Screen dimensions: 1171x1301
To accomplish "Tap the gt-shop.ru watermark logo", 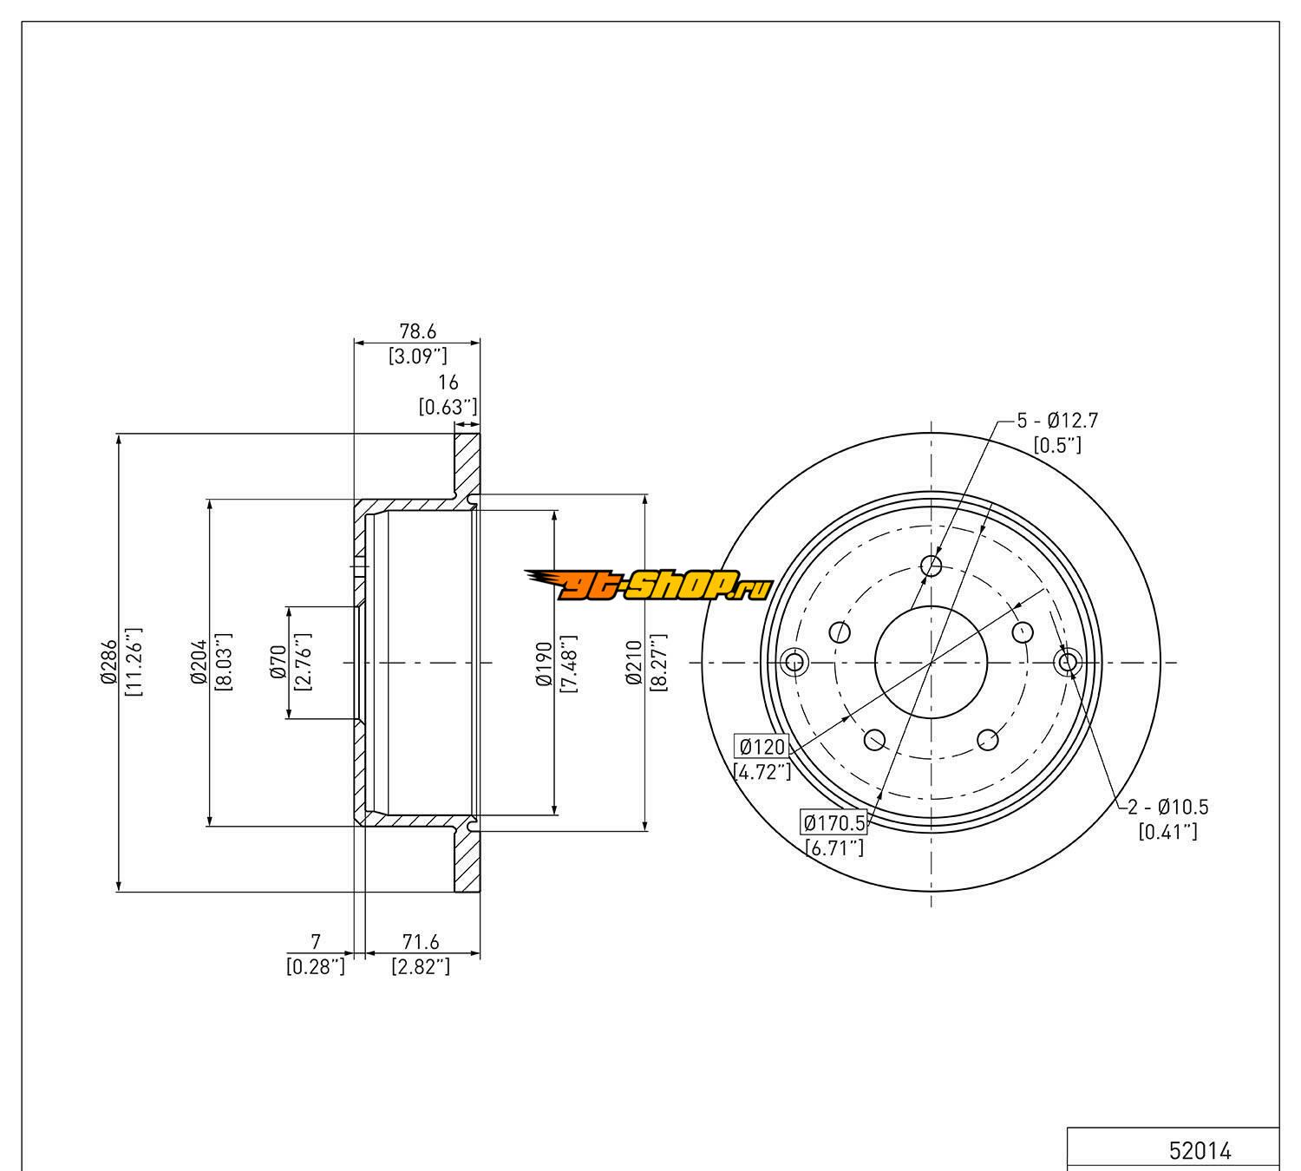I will pyautogui.click(x=647, y=587).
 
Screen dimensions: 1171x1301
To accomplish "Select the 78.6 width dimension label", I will pyautogui.click(x=417, y=331).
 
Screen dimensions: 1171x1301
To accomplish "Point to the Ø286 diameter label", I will pyautogui.click(x=108, y=663).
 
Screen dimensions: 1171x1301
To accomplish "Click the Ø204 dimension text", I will pyautogui.click(x=199, y=663).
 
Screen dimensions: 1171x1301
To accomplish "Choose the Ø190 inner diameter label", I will pyautogui.click(x=544, y=663).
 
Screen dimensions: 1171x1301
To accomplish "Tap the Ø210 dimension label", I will pyautogui.click(x=634, y=663).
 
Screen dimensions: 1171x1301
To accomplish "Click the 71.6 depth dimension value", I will pyautogui.click(x=422, y=942).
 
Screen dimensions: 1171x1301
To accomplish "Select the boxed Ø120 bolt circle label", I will pyautogui.click(x=762, y=746).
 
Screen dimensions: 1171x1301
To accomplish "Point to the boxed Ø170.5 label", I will pyautogui.click(x=834, y=822).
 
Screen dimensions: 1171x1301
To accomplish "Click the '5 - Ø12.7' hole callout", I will pyautogui.click(x=1057, y=421).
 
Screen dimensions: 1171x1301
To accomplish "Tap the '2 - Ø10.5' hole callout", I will pyautogui.click(x=1167, y=807).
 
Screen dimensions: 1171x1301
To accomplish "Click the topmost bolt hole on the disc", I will pyautogui.click(x=932, y=566).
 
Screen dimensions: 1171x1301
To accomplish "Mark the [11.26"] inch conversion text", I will pyautogui.click(x=134, y=663).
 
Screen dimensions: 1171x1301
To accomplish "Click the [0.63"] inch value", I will pyautogui.click(x=448, y=406).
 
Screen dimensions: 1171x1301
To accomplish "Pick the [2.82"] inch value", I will pyautogui.click(x=421, y=966).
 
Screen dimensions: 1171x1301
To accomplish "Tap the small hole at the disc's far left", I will pyautogui.click(x=794, y=663).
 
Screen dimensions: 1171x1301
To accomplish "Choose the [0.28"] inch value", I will pyautogui.click(x=316, y=966).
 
